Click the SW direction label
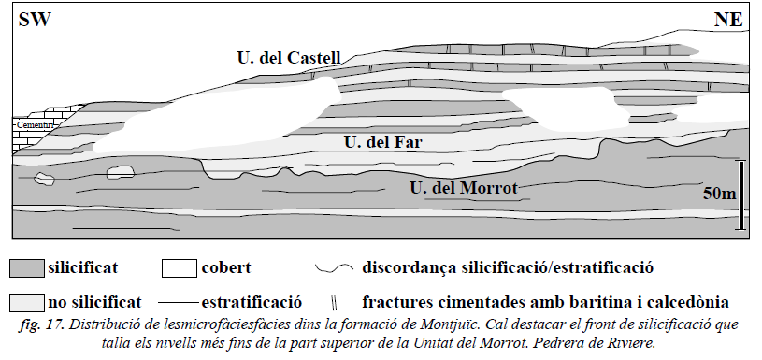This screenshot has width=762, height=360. pyautogui.click(x=35, y=20)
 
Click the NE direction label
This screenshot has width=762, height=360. pyautogui.click(x=728, y=20)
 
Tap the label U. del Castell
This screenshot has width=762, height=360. pyautogui.click(x=289, y=58)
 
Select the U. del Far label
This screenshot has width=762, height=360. pyautogui.click(x=383, y=142)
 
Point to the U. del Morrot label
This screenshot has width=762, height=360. pyautogui.click(x=464, y=188)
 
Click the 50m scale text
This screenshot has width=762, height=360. pyautogui.click(x=720, y=194)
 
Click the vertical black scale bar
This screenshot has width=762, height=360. pyautogui.click(x=741, y=194)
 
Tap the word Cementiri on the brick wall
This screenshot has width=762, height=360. pyautogui.click(x=34, y=125)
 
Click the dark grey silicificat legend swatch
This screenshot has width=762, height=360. pyautogui.click(x=27, y=268)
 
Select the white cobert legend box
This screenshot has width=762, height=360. pyautogui.click(x=180, y=268)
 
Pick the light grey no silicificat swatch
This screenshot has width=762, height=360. pyautogui.click(x=27, y=302)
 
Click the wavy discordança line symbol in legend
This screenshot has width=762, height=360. pyautogui.click(x=334, y=267)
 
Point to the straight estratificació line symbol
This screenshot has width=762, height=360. pyautogui.click(x=179, y=303)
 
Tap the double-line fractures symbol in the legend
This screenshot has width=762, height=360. pyautogui.click(x=334, y=303)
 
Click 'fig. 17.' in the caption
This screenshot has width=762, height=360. pyautogui.click(x=42, y=325)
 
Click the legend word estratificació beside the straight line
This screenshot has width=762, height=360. pyautogui.click(x=252, y=302)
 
